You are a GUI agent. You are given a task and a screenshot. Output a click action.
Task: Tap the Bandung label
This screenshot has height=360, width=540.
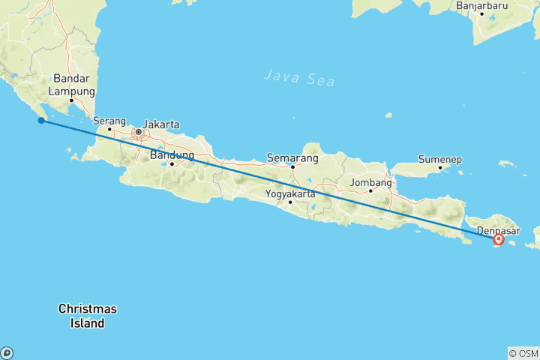coord(172,155)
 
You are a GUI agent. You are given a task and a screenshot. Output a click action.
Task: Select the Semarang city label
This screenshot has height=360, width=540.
coord(292,158)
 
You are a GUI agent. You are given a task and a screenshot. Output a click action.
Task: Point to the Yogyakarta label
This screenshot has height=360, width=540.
coord(290,193)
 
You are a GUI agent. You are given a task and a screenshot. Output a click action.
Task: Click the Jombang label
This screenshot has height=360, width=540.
coord(370,182)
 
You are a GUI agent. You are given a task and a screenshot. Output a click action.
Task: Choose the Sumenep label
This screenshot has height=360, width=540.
coord(440,160)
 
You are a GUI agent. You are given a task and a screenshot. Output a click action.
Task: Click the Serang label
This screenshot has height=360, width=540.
coord(109,120)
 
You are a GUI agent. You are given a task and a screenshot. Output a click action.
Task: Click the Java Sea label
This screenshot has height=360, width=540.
coord(299,77)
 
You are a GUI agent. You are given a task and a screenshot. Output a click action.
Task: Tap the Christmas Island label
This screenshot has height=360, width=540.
coord(88,316)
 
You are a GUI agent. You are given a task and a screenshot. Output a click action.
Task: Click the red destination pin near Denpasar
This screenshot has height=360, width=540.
coord(499,240)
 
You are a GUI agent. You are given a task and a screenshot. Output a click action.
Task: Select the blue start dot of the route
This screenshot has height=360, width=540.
coord(40,120)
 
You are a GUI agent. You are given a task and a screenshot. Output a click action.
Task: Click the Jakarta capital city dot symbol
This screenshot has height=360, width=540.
coord(139,133)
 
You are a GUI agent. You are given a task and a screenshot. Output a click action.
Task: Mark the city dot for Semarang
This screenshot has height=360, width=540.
coord(292,166)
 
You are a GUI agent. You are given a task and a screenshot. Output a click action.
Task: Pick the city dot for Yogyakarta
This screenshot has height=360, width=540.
coord(290,202)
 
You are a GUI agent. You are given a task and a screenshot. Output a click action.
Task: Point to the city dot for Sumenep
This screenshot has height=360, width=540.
coord(440,168)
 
